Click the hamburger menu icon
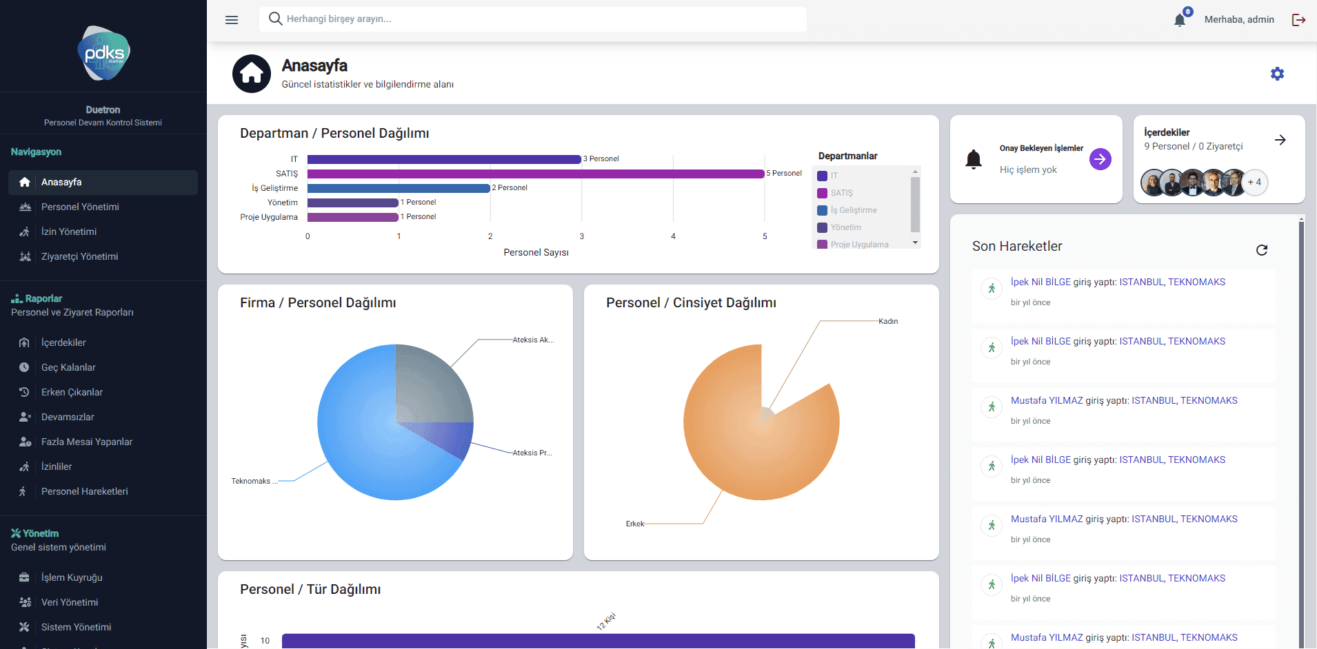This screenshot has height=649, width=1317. click(232, 20)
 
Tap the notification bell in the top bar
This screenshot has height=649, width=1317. click(1180, 20)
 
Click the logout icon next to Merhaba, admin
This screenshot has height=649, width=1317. click(1298, 20)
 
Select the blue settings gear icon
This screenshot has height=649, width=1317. click(1277, 74)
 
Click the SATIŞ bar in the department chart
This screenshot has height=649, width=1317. click(535, 174)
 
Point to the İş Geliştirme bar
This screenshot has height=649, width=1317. click(399, 188)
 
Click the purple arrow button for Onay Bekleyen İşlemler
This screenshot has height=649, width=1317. click(1100, 159)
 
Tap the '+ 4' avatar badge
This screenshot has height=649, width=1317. click(1255, 183)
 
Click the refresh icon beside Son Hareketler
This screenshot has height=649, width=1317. click(1262, 250)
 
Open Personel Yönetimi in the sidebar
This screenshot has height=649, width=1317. click(80, 207)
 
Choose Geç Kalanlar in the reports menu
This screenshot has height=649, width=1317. click(68, 367)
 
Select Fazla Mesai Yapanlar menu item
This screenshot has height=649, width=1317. click(87, 442)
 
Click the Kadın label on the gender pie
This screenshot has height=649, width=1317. click(888, 321)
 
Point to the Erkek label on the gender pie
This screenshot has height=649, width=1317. click(634, 524)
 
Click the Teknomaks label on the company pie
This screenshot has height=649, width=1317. click(252, 481)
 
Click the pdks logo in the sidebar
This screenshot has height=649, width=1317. click(103, 53)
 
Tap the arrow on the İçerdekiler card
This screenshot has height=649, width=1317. click(1280, 140)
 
